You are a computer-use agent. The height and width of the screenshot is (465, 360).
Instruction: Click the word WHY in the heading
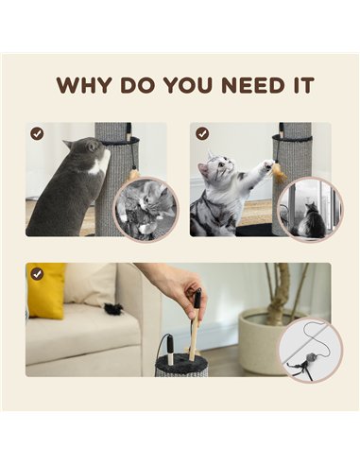pos(84,85)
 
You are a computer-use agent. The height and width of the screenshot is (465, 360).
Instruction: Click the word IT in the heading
pos(303,85)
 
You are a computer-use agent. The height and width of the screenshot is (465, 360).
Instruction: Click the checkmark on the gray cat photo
pos(37,133)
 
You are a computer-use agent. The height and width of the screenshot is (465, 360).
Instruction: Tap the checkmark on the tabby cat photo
pos(202,133)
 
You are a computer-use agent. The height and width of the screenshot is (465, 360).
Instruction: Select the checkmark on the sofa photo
pos(37,274)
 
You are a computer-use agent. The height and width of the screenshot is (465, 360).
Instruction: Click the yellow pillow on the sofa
pos(46,291)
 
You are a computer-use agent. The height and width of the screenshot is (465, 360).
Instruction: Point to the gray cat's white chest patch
pos(100,163)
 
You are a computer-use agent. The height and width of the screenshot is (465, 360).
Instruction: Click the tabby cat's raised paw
pos(267,164)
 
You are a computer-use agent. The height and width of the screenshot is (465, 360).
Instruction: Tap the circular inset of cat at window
pos(311,210)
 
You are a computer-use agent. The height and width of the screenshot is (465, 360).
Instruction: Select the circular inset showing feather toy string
pos(310,350)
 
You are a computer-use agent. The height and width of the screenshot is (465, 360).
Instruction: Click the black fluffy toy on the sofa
pos(113,307)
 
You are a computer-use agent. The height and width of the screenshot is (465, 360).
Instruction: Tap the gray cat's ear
pos(93,146)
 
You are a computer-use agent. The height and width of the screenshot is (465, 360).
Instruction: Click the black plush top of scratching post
pos(180,359)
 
